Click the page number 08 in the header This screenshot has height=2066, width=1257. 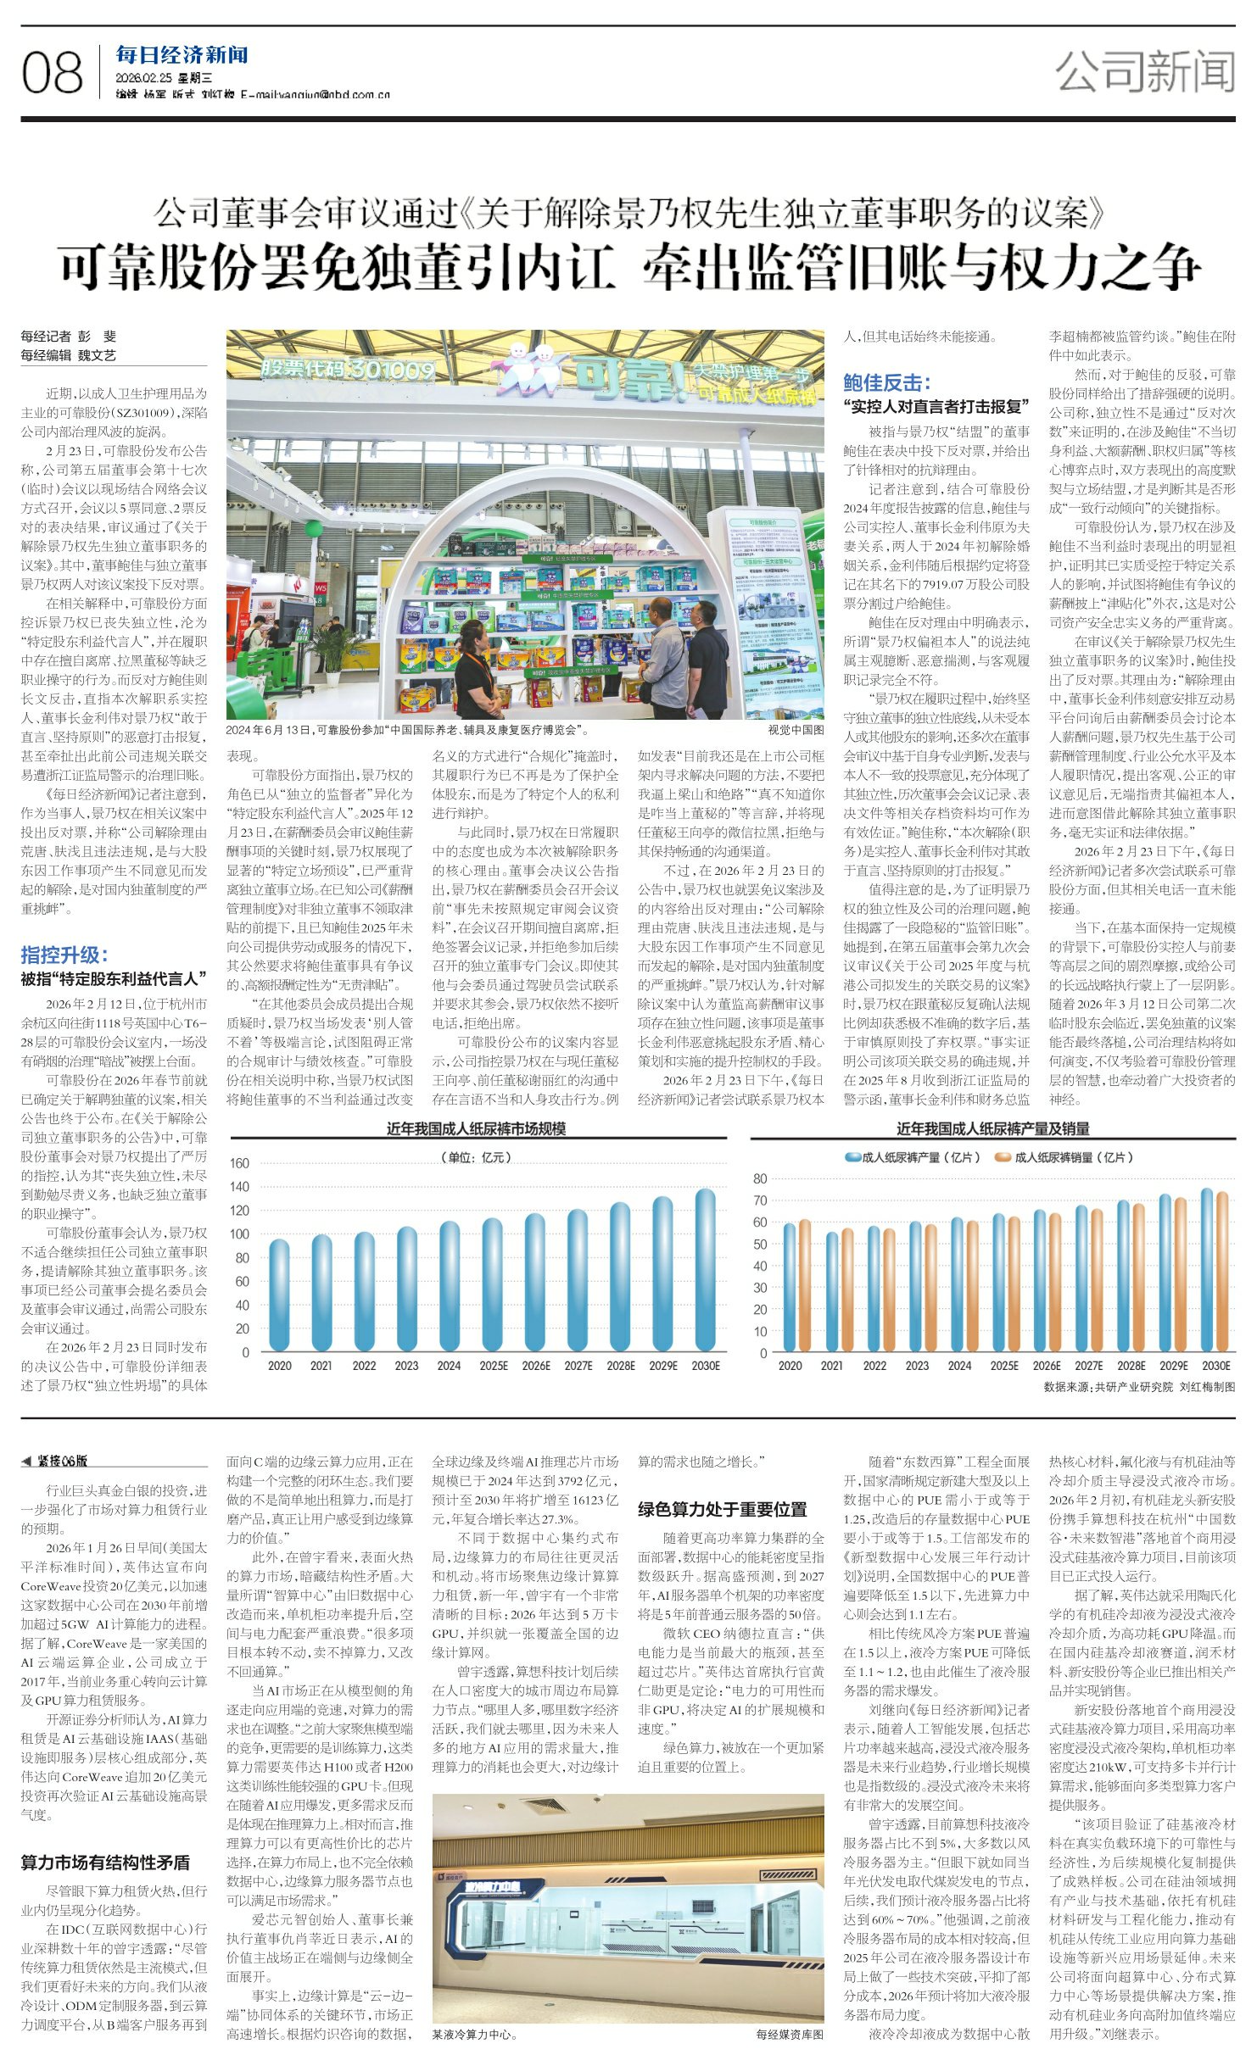(x=53, y=73)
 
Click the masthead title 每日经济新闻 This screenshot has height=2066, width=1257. (x=182, y=56)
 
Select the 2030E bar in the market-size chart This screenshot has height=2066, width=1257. (x=705, y=1269)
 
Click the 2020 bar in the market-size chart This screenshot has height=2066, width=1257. (x=279, y=1295)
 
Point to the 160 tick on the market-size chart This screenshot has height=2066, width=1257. (x=240, y=1163)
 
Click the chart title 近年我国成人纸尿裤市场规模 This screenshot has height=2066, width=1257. (x=476, y=1128)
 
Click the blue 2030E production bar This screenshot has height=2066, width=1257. (x=1206, y=1270)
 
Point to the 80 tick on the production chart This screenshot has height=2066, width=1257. (x=760, y=1179)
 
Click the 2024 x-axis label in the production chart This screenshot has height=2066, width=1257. (x=959, y=1366)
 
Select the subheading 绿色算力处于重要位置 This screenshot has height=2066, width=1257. (x=722, y=1509)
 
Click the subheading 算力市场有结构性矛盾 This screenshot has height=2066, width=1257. (x=105, y=1863)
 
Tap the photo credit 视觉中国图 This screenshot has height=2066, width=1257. (x=796, y=729)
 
